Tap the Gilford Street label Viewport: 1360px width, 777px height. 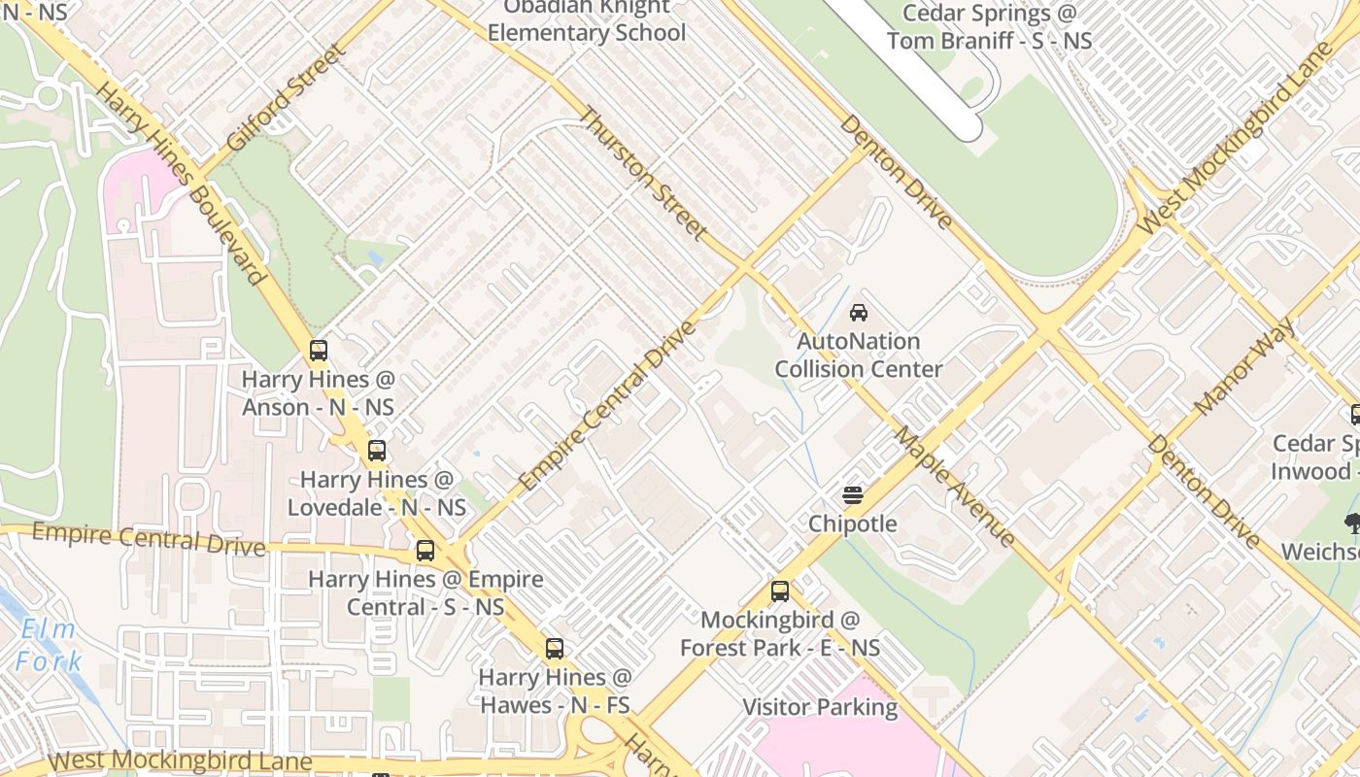(286, 97)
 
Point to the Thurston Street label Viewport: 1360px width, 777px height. (642, 173)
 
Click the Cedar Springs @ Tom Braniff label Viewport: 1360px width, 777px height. (989, 27)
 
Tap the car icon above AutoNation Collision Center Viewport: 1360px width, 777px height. (859, 313)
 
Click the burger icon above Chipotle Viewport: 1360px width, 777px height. (853, 495)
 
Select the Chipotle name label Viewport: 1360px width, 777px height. (853, 524)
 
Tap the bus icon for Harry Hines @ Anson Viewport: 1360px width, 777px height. (319, 351)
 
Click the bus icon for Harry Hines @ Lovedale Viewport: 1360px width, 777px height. (377, 451)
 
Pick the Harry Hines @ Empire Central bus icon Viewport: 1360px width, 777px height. (425, 551)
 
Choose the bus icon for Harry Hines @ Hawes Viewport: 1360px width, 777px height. (555, 649)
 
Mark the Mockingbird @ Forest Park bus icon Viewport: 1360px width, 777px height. (780, 591)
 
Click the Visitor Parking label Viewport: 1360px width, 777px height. (820, 707)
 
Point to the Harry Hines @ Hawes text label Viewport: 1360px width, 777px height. (555, 691)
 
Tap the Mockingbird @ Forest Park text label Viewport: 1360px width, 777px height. (780, 633)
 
